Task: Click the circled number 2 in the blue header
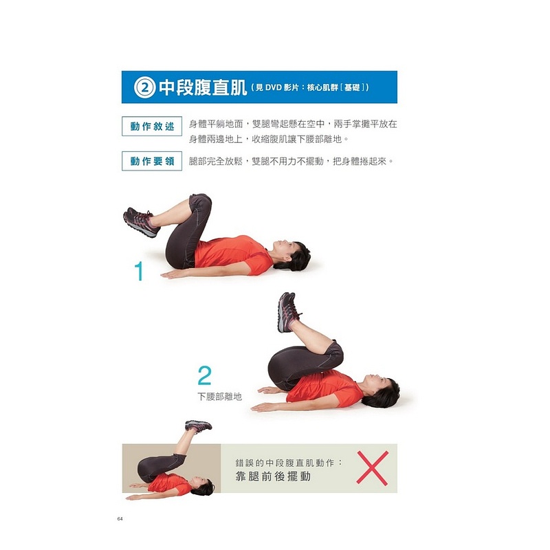click(144, 87)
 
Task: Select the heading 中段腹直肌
click(203, 87)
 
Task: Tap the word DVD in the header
click(274, 88)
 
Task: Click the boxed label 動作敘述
click(152, 126)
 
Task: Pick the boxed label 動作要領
click(152, 161)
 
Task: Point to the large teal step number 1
click(140, 271)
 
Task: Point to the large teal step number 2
click(204, 375)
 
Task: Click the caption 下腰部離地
click(219, 397)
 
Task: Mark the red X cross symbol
click(372, 468)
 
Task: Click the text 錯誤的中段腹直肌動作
click(285, 463)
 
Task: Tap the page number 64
click(120, 519)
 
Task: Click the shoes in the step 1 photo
click(141, 221)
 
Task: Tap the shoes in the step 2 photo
click(288, 312)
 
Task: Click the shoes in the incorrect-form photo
click(198, 426)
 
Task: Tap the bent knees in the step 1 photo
click(200, 203)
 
